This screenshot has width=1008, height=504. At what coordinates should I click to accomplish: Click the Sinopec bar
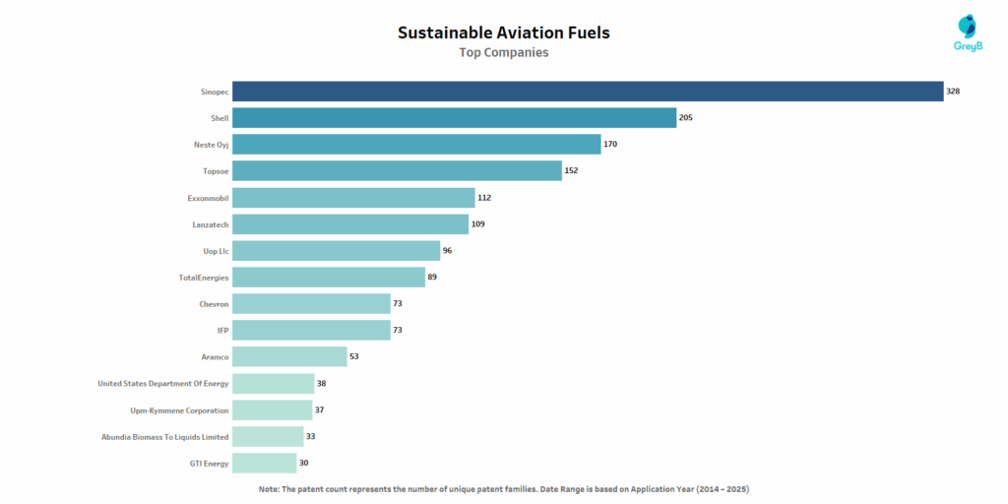tap(588, 92)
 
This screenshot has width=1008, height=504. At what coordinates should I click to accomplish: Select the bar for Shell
tap(454, 118)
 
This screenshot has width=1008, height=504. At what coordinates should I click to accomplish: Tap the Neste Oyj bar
tap(416, 145)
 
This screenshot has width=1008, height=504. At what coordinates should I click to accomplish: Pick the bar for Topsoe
tap(397, 171)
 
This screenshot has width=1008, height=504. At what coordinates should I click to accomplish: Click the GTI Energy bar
tap(264, 463)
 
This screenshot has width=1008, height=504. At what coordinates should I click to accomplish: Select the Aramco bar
tap(289, 356)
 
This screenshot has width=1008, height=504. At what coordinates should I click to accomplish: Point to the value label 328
tap(953, 92)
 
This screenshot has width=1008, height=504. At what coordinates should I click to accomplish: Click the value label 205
tap(687, 118)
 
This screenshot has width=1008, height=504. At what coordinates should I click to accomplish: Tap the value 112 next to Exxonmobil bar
tap(484, 198)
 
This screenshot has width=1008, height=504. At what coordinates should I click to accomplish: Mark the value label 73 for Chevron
tap(398, 304)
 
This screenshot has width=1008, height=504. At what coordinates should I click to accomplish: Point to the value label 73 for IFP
tap(398, 330)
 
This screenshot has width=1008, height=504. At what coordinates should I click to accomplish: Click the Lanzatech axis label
tap(210, 224)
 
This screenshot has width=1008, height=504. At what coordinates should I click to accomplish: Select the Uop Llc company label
tap(216, 251)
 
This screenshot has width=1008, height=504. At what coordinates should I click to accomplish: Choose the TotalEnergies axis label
tap(204, 278)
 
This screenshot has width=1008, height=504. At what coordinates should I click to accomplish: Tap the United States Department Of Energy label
tap(163, 384)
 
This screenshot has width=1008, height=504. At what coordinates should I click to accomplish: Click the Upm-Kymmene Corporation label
tap(179, 410)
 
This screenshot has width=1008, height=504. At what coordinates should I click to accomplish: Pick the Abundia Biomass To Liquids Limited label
tap(164, 436)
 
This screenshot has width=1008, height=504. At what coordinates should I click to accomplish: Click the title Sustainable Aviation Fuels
tap(503, 32)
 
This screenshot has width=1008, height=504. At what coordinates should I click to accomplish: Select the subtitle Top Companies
tap(503, 53)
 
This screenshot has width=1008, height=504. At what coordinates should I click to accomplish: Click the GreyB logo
tap(968, 34)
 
